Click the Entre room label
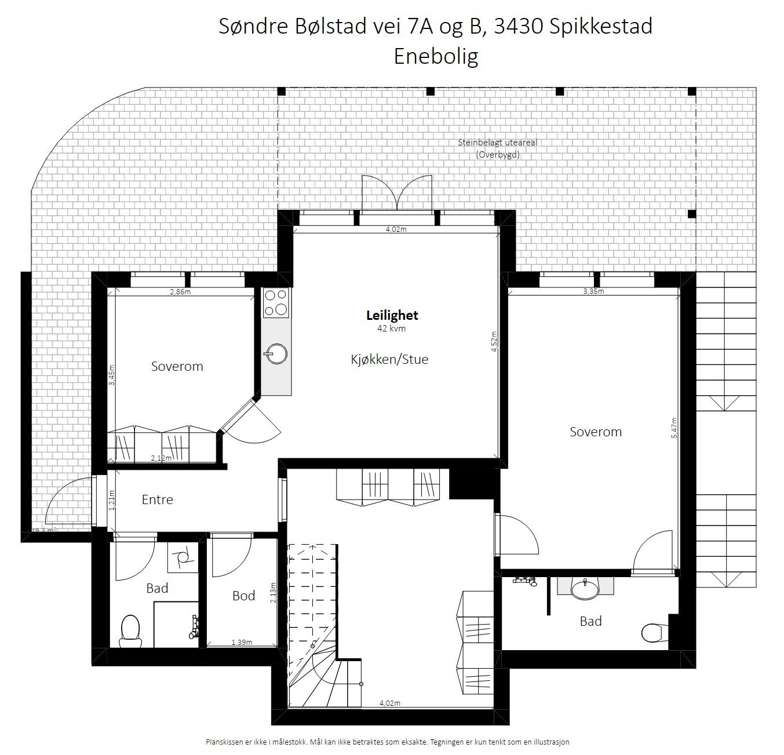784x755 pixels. point(157,499)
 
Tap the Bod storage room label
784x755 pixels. point(243,596)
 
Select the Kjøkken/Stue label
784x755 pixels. point(389,359)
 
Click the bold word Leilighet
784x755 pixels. point(392,316)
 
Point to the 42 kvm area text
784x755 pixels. point(391,329)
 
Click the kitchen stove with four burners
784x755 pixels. point(276,303)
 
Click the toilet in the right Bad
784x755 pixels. point(653,633)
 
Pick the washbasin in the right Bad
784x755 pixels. point(585,588)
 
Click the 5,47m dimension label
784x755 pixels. point(674,428)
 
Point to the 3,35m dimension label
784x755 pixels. point(593,291)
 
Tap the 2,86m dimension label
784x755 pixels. point(180,292)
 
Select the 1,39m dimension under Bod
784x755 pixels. point(242,642)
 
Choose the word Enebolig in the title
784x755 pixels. point(436,56)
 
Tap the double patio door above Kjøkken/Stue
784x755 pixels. point(397,194)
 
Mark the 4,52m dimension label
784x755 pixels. point(494,342)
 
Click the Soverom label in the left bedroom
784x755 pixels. point(177,366)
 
